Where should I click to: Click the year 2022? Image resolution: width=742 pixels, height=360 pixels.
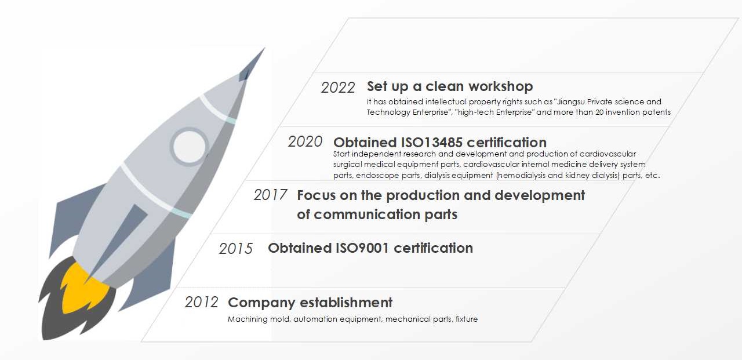tap(338, 88)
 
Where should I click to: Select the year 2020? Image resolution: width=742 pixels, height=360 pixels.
tap(305, 142)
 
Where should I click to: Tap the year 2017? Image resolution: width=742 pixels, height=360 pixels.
tap(270, 195)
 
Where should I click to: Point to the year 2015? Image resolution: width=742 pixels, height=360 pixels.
tap(236, 249)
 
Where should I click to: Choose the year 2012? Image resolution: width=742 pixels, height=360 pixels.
tap(201, 302)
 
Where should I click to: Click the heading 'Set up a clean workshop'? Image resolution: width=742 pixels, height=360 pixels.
tap(450, 87)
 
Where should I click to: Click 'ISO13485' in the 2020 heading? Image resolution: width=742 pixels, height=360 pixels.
tap(432, 143)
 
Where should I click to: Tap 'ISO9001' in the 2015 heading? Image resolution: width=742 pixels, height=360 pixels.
tap(362, 248)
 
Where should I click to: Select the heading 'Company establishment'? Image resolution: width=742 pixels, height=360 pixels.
tap(310, 303)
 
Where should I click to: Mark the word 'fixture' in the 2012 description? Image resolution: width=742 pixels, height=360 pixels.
tap(467, 319)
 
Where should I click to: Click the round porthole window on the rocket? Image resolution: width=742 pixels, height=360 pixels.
tap(189, 146)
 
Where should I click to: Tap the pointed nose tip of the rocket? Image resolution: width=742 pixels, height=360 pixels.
tap(264, 48)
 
